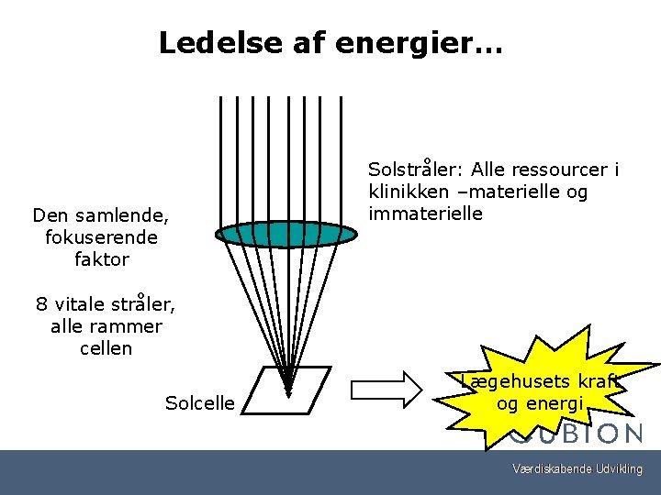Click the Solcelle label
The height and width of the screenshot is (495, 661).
[x=200, y=403]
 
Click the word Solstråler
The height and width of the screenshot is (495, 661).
[x=416, y=170]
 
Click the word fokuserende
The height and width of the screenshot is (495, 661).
[x=101, y=237]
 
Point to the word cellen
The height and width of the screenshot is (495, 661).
[x=106, y=348]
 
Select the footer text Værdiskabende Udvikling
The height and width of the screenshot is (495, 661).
[x=577, y=469]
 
